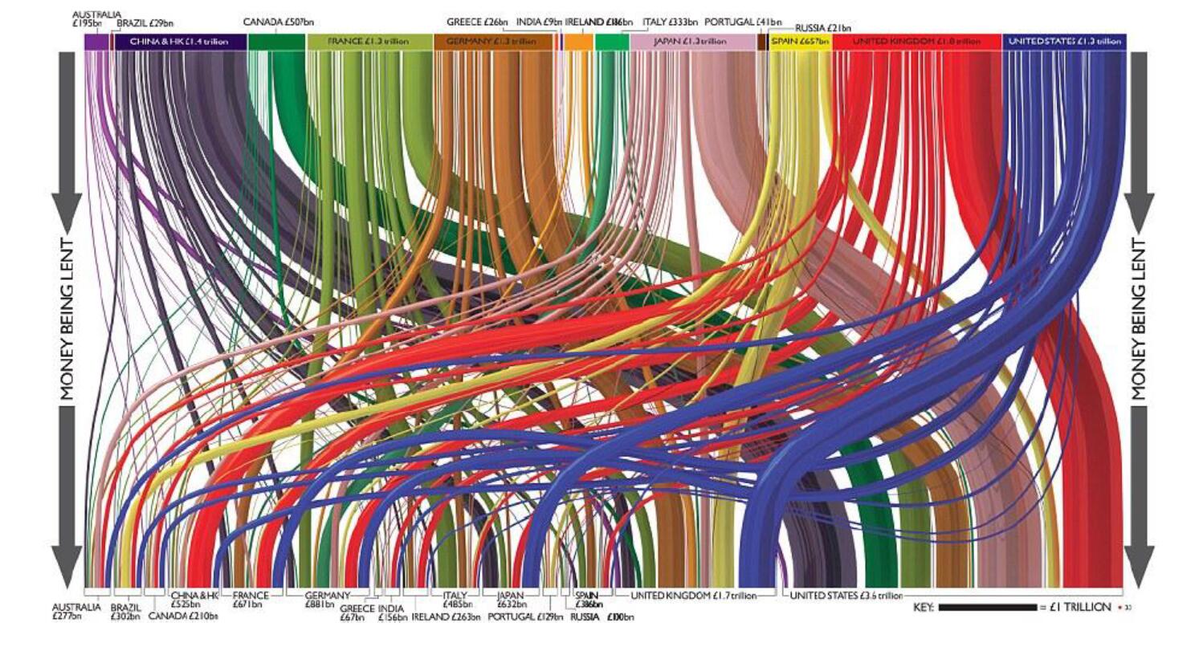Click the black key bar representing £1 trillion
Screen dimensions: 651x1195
pos(987,607)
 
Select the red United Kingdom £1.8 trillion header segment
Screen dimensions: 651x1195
pos(916,42)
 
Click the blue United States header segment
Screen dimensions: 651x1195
pos(1064,42)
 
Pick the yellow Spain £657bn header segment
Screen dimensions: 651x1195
pos(799,42)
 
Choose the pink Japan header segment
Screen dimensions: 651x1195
pos(691,42)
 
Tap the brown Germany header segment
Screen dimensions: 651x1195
pos(491,42)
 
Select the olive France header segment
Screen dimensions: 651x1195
pos(369,42)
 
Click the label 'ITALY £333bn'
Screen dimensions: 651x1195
pos(670,22)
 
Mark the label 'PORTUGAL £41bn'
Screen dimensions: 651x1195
pos(743,22)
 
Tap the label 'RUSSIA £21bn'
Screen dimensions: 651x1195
pos(823,28)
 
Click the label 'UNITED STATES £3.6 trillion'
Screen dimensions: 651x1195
pos(847,596)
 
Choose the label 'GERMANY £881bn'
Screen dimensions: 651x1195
pos(327,600)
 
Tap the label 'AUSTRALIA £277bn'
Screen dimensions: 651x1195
pos(77,612)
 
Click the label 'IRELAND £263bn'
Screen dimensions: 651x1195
pos(446,617)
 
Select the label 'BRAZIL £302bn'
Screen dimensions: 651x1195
pos(125,612)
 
